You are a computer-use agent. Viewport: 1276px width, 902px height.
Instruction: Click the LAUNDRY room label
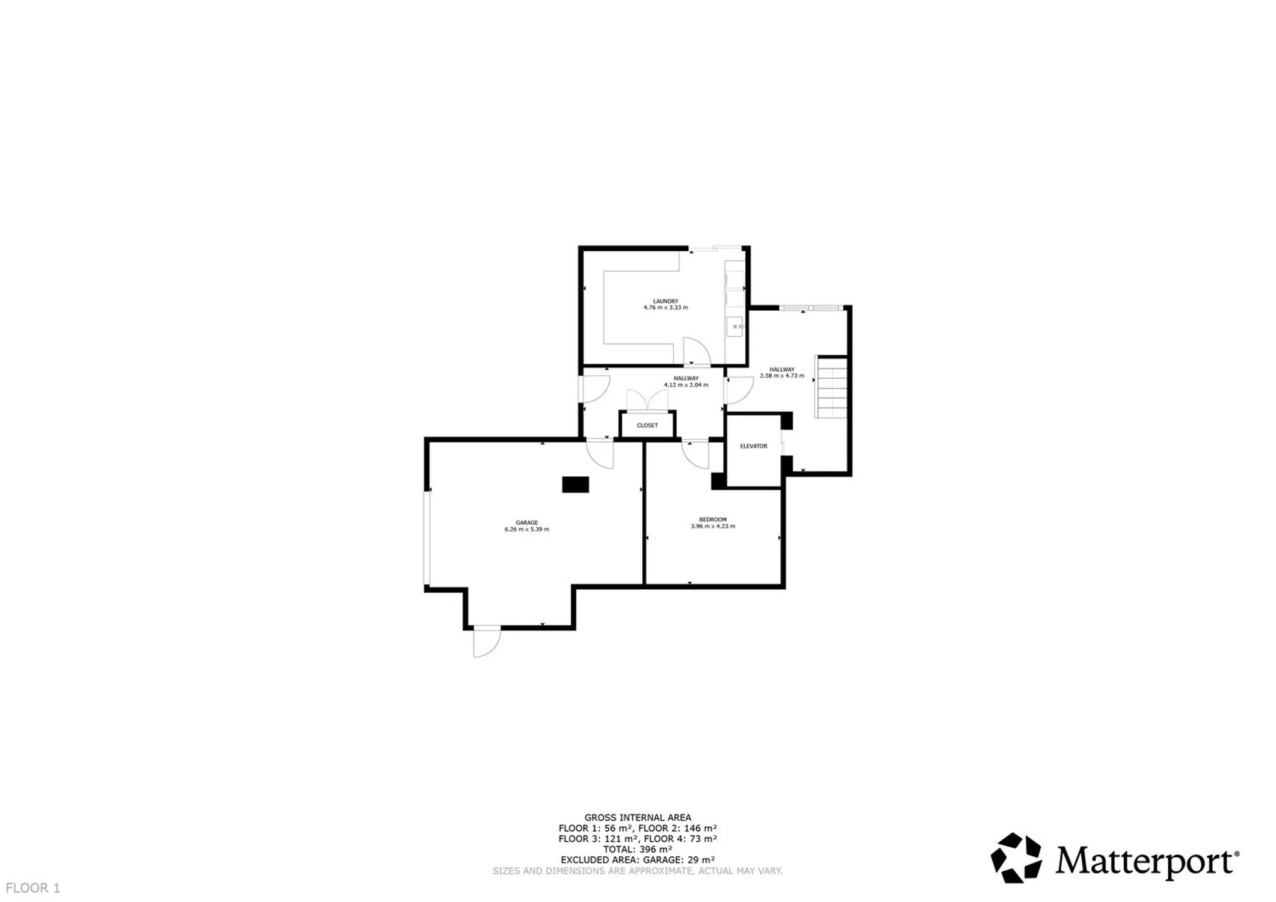pyautogui.click(x=665, y=301)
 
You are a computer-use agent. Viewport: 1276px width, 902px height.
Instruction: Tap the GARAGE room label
pyautogui.click(x=526, y=523)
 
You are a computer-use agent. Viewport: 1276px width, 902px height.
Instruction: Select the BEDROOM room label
pyautogui.click(x=713, y=520)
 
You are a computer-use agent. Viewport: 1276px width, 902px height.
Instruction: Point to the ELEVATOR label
pyautogui.click(x=753, y=446)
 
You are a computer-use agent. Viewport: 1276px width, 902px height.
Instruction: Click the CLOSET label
pyautogui.click(x=647, y=425)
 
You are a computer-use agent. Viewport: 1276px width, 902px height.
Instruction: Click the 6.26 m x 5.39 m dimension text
pyautogui.click(x=526, y=529)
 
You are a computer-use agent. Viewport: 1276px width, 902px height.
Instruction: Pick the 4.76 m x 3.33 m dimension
pyautogui.click(x=665, y=307)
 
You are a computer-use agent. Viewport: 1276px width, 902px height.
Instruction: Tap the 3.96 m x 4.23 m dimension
pyautogui.click(x=713, y=526)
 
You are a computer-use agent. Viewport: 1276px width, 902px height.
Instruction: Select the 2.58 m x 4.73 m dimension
pyautogui.click(x=781, y=376)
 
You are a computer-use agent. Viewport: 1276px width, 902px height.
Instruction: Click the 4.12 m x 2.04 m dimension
pyautogui.click(x=686, y=385)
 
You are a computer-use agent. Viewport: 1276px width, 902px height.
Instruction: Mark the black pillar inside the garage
pyautogui.click(x=575, y=484)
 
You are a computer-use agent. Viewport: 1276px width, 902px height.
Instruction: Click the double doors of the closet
pyautogui.click(x=647, y=400)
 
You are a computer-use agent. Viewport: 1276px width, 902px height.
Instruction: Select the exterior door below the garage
pyautogui.click(x=487, y=641)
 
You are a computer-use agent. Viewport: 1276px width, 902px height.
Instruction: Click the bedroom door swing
pyautogui.click(x=695, y=455)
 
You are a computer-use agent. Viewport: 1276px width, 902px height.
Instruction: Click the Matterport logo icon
pyautogui.click(x=1016, y=858)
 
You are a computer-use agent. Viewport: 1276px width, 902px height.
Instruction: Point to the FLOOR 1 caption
pyautogui.click(x=33, y=888)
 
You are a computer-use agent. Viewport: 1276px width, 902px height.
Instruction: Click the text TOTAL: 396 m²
pyautogui.click(x=638, y=849)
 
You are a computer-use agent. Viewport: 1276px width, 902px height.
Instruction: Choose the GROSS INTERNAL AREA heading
pyautogui.click(x=638, y=817)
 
